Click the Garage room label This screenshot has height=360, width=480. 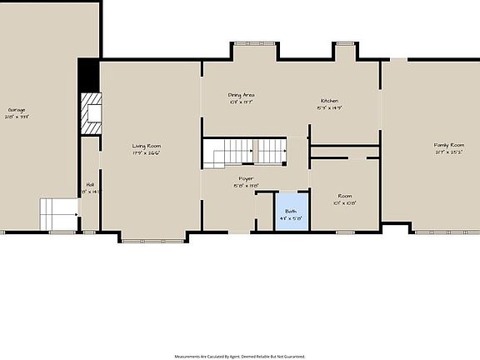point(16,109)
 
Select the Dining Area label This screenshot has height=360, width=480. point(241,95)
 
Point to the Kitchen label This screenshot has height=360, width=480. point(328,101)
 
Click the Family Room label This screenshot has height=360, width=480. point(447,145)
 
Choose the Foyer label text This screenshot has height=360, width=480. point(245,178)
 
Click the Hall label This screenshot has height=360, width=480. point(89,184)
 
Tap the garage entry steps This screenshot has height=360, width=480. point(57,214)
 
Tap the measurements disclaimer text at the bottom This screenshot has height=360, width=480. point(240,356)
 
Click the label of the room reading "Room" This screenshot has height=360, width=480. point(344,196)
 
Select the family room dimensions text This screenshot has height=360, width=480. point(447,152)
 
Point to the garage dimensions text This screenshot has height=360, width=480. point(16,117)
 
